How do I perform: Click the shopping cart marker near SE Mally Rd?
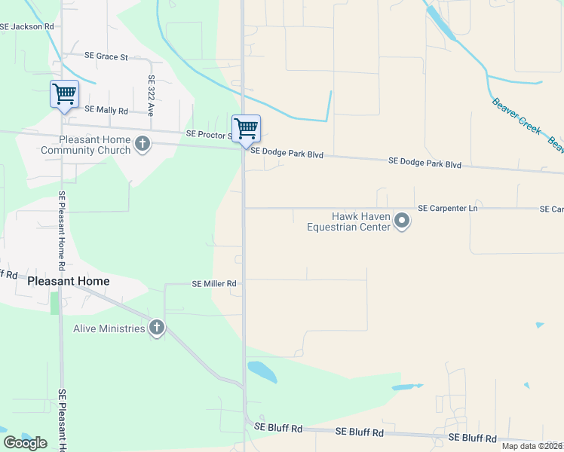[x=64, y=94]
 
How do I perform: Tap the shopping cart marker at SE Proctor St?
[x=246, y=129]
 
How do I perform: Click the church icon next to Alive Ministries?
[x=156, y=328]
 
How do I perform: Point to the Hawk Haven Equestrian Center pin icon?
[x=402, y=221]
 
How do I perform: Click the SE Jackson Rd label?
[x=27, y=26]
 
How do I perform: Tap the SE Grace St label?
[x=106, y=56]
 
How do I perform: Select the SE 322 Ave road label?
[x=151, y=94]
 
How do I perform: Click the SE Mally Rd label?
[x=106, y=110]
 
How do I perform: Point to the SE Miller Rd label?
[x=214, y=284]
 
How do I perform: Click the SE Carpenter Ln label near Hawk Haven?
[x=448, y=208]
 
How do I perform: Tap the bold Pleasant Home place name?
[x=68, y=281]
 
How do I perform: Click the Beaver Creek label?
[x=516, y=117]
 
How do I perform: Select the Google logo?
[x=25, y=442]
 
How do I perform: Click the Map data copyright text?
[x=532, y=446]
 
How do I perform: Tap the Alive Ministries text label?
[x=109, y=328]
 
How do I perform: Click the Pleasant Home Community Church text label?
[x=85, y=145]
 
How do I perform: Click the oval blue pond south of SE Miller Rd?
[x=262, y=371]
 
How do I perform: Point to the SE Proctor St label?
[x=208, y=134]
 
